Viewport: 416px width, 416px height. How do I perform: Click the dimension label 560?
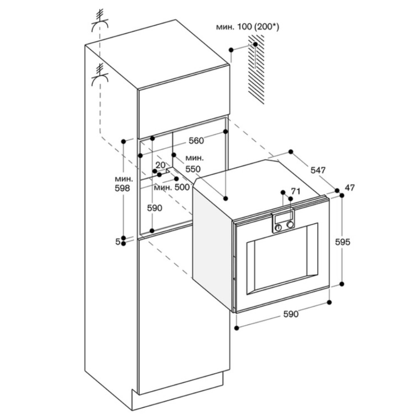pyautogui.click(x=196, y=141)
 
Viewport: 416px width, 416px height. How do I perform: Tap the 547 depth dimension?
pyautogui.click(x=317, y=170)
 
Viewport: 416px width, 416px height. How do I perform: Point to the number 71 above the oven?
pyautogui.click(x=296, y=191)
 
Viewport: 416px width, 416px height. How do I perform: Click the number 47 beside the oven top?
pyautogui.click(x=349, y=188)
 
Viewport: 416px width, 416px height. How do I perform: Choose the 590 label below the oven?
pyautogui.click(x=291, y=314)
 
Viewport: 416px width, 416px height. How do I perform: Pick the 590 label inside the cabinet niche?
pyautogui.click(x=155, y=208)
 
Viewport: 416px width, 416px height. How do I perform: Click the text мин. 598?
pyautogui.click(x=124, y=183)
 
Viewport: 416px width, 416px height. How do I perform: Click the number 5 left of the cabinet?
pyautogui.click(x=118, y=241)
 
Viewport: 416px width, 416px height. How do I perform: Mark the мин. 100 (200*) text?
pyautogui.click(x=247, y=27)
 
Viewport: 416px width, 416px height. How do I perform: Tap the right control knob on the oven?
pyautogui.click(x=290, y=225)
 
